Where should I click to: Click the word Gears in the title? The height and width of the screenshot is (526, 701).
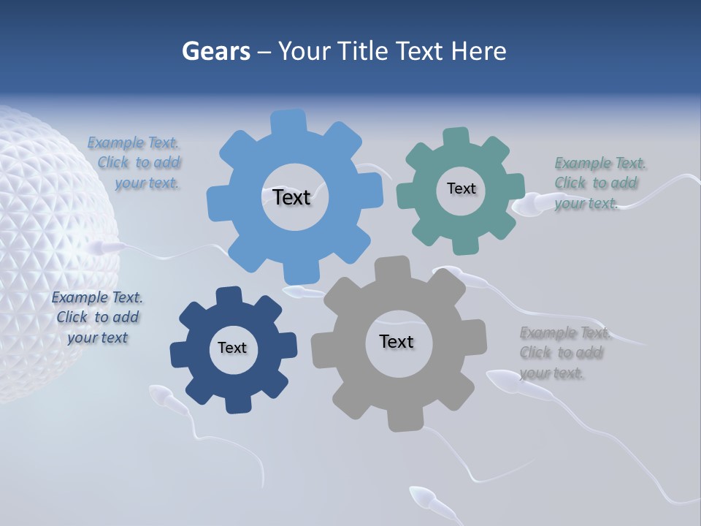click(x=215, y=51)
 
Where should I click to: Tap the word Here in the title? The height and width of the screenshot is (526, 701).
click(x=478, y=51)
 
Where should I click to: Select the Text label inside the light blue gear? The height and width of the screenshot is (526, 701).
click(x=291, y=197)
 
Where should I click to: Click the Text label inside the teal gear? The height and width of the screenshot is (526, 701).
click(x=461, y=188)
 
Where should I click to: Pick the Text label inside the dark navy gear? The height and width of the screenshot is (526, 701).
click(x=232, y=348)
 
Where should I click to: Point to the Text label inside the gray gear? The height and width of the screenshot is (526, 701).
click(x=397, y=341)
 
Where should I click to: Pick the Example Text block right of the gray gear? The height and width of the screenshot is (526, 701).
click(x=562, y=353)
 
